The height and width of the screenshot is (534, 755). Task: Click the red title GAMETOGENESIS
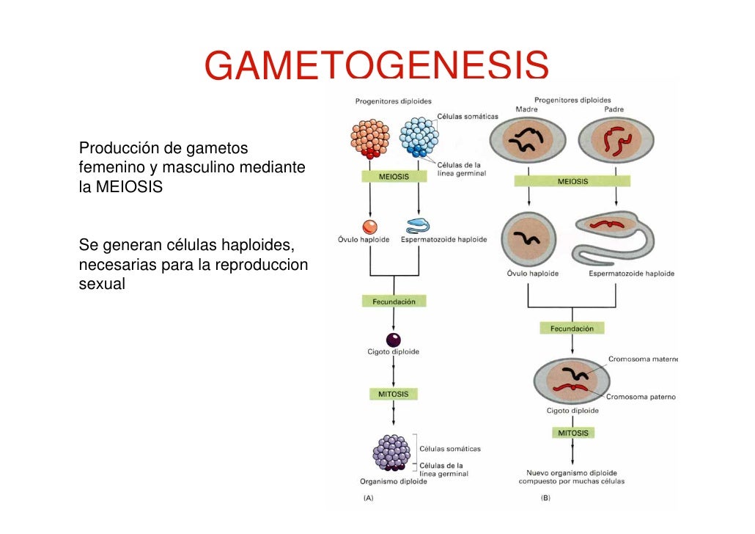[x=377, y=66]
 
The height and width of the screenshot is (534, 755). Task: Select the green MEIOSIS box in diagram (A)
[x=394, y=177]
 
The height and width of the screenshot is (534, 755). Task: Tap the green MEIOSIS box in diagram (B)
[x=572, y=181]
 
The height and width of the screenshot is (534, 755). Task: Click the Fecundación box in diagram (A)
[x=394, y=301]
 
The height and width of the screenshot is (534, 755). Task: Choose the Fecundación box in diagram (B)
[x=572, y=329]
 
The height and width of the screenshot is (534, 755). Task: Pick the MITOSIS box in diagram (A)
[x=394, y=394]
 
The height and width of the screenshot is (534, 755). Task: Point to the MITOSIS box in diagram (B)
[x=572, y=433]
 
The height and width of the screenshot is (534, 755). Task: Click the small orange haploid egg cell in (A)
[x=369, y=226]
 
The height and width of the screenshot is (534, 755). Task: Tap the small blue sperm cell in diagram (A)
[x=417, y=226]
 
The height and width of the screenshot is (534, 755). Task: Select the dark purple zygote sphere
[x=394, y=340]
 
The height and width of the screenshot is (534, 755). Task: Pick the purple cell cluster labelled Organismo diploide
[x=394, y=453]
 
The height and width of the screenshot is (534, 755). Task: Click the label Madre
[x=526, y=109]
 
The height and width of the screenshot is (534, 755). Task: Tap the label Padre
[x=614, y=109]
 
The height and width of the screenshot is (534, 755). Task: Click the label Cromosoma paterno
[x=641, y=397]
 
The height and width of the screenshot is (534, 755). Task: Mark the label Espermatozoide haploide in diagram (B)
[x=631, y=274]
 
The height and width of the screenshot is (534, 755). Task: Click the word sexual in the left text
[x=102, y=284]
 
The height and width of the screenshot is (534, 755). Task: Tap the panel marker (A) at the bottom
[x=368, y=497]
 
